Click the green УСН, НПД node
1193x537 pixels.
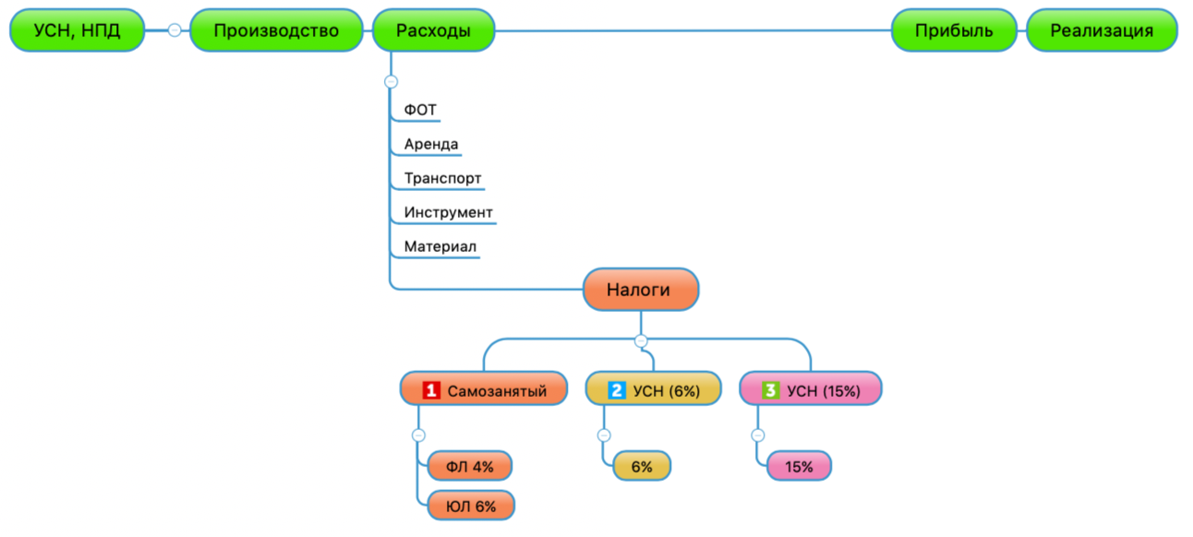click(x=78, y=30)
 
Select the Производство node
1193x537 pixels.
click(x=276, y=30)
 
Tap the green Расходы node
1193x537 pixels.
click(x=433, y=30)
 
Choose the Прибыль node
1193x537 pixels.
click(x=954, y=30)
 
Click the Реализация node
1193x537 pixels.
click(x=1102, y=30)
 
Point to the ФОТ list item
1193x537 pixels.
click(x=420, y=111)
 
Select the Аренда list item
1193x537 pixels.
click(x=431, y=145)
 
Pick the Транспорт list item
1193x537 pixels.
click(x=442, y=179)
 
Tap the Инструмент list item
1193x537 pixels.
click(x=448, y=213)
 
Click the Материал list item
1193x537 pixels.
click(x=440, y=247)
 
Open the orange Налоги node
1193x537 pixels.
click(x=640, y=290)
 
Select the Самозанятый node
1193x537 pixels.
click(x=486, y=389)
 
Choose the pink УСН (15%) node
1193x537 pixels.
click(x=811, y=389)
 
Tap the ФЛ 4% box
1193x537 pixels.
click(x=469, y=467)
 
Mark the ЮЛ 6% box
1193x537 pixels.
click(x=471, y=506)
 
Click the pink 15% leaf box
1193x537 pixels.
click(x=799, y=467)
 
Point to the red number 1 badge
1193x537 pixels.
click(x=431, y=390)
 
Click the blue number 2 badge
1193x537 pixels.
click(x=618, y=390)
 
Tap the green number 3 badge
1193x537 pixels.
click(x=771, y=390)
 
